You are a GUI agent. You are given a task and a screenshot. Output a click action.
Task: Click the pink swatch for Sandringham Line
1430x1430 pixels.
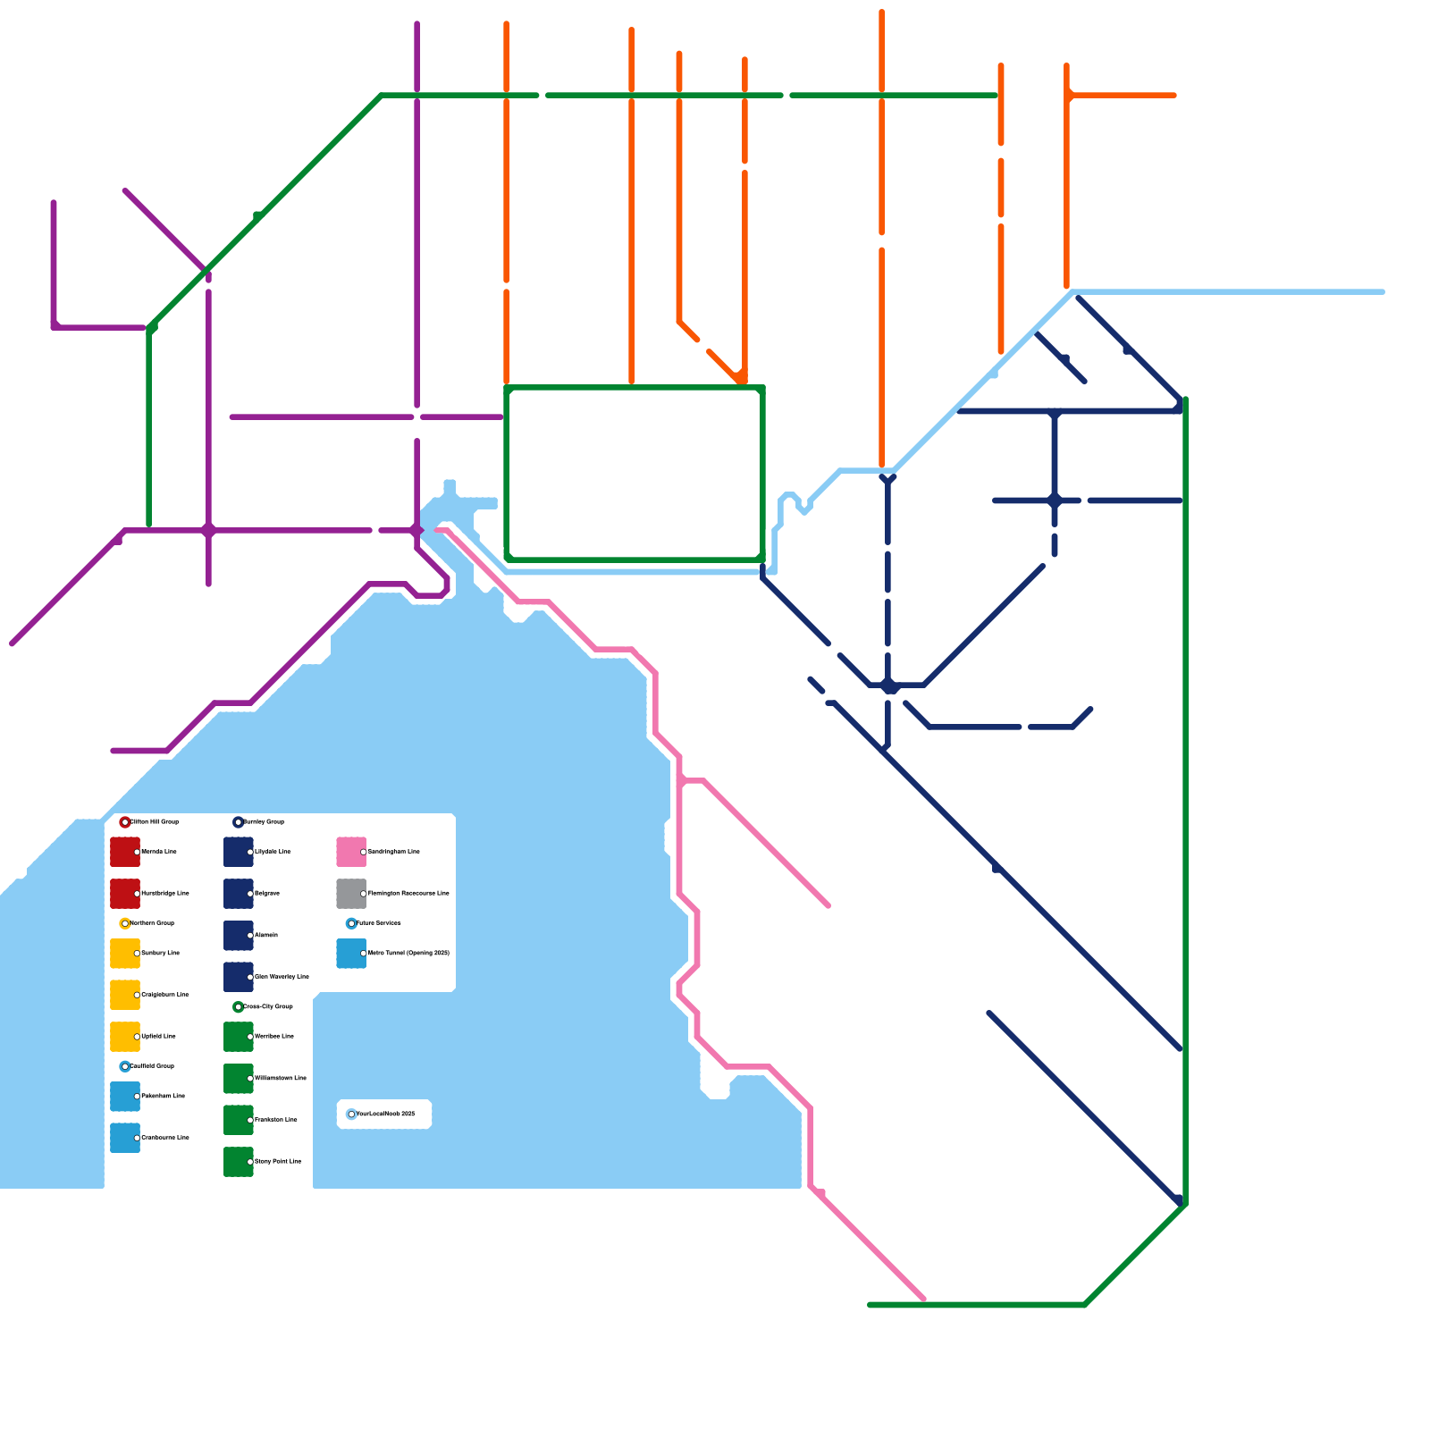click(351, 852)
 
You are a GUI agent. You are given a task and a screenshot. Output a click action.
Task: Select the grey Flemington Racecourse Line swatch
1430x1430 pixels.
click(351, 894)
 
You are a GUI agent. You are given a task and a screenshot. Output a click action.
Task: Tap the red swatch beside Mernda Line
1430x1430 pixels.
click(125, 852)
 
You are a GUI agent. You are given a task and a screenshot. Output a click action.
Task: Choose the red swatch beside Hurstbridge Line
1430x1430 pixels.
click(125, 894)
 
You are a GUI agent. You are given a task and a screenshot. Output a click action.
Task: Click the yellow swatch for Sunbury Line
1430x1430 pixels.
click(125, 953)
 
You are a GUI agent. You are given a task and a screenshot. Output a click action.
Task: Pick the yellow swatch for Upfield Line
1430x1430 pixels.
click(125, 1037)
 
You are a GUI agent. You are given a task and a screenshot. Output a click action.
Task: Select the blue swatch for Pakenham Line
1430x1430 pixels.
click(125, 1096)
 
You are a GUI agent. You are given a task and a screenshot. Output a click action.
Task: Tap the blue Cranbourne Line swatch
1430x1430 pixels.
click(125, 1138)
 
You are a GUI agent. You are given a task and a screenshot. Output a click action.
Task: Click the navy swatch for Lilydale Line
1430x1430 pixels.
click(239, 852)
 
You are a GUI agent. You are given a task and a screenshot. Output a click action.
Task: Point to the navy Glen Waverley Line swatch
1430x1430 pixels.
click(239, 977)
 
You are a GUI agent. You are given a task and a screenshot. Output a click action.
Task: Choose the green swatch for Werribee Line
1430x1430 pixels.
click(239, 1037)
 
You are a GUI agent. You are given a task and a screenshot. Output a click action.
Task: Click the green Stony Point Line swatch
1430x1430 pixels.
click(239, 1162)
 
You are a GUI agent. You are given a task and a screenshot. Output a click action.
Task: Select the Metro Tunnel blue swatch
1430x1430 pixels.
click(351, 954)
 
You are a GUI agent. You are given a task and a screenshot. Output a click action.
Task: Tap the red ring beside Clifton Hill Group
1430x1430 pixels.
click(125, 822)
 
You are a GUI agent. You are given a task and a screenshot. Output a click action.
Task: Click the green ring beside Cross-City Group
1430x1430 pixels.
click(238, 1007)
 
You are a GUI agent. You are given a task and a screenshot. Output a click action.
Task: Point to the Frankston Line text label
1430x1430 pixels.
click(276, 1120)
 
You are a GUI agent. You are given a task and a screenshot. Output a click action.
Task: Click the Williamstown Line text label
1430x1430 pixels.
click(281, 1079)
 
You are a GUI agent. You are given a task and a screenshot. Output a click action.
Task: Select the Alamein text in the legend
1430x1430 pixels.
click(266, 936)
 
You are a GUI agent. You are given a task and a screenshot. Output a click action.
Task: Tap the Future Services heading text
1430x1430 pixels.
click(379, 923)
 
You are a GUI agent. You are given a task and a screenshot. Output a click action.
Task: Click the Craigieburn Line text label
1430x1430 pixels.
click(165, 995)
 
